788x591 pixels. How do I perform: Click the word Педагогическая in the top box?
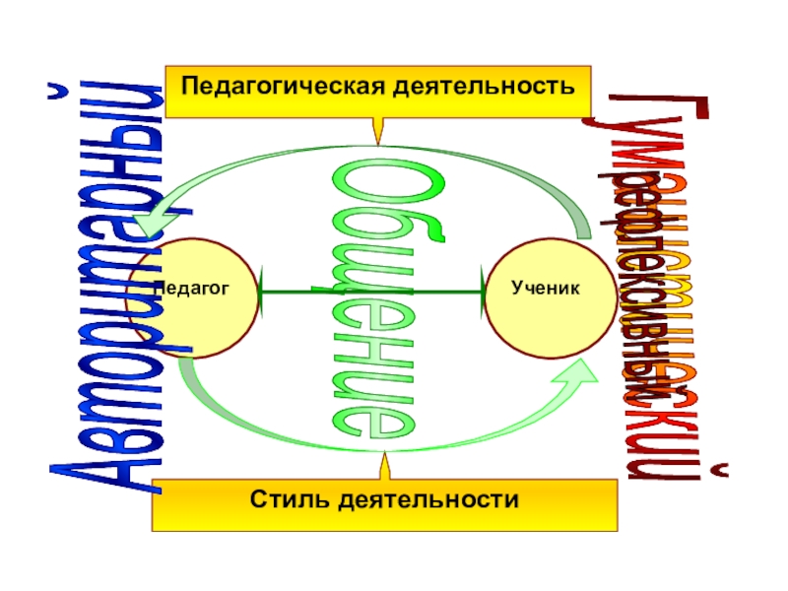coord(279,85)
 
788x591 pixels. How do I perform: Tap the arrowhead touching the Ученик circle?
coord(483,292)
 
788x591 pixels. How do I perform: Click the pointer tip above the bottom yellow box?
coord(384,455)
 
